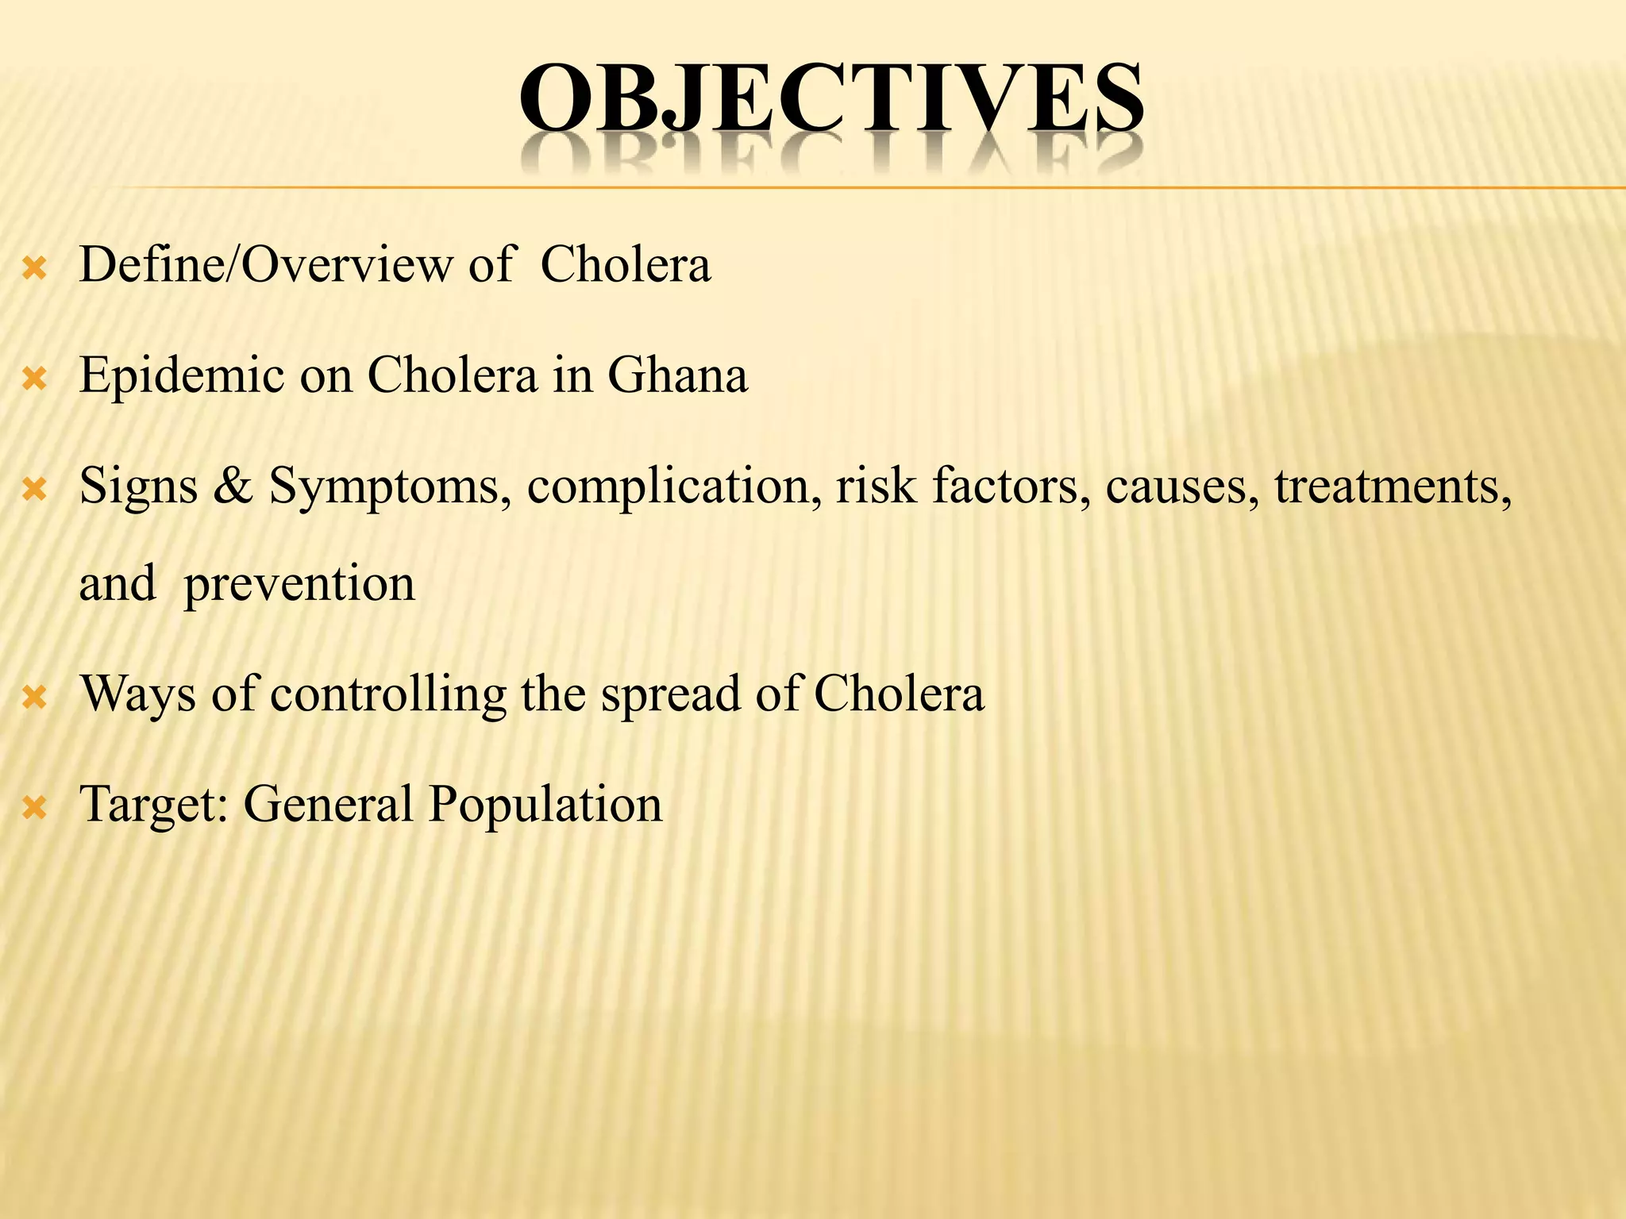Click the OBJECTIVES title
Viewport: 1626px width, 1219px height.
tap(831, 99)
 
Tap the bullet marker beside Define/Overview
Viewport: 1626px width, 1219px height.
tap(35, 270)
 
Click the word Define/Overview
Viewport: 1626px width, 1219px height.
tap(265, 265)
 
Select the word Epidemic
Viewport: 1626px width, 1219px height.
tap(182, 376)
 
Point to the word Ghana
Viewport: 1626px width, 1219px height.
tap(677, 375)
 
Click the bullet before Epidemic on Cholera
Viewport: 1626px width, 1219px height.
tap(35, 380)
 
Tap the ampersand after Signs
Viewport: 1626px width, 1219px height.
tap(233, 486)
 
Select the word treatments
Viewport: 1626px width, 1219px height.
tap(1393, 486)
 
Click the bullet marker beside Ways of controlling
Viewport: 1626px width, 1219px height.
tap(35, 698)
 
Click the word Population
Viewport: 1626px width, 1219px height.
tap(545, 805)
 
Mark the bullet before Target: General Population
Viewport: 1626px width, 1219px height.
tap(35, 809)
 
